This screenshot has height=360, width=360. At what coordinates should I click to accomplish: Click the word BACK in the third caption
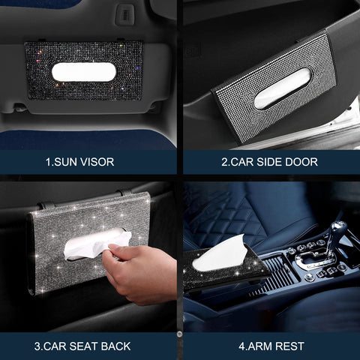(x=116, y=346)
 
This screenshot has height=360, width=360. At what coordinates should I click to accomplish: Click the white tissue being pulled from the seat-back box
(x=94, y=244)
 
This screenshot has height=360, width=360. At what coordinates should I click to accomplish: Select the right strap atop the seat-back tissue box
(x=120, y=194)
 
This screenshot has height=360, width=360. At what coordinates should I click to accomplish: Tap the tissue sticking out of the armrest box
(x=221, y=253)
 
